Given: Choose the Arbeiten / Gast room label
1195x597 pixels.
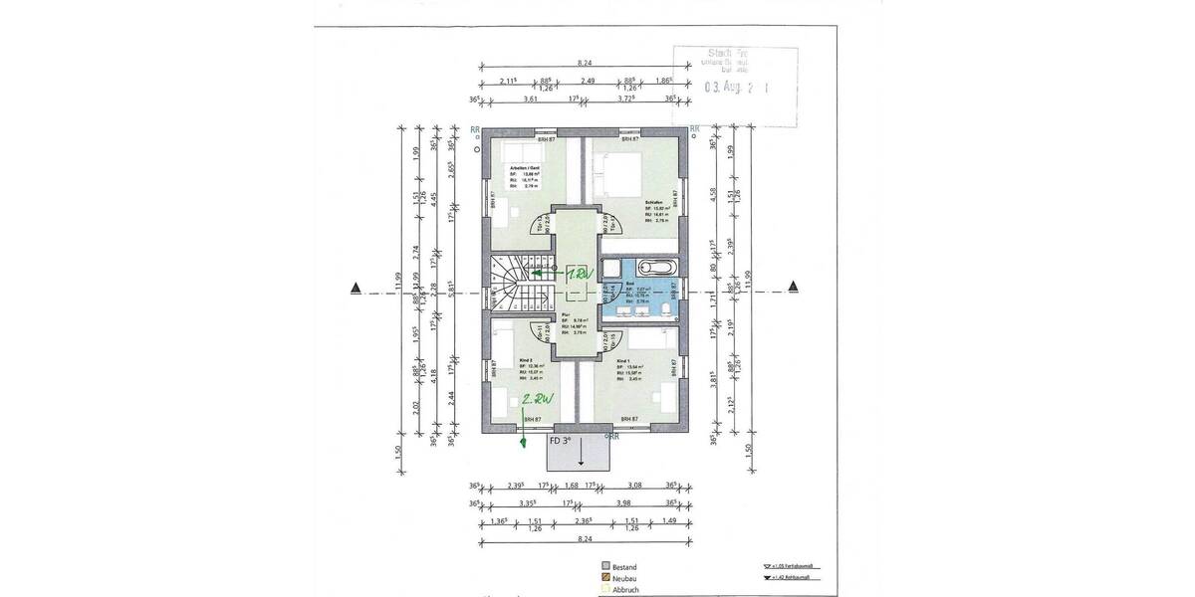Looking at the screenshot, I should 526,169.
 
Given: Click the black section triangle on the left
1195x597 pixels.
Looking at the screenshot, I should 355,289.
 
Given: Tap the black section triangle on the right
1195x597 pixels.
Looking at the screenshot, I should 794,289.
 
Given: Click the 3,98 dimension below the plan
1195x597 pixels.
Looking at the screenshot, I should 622,503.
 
